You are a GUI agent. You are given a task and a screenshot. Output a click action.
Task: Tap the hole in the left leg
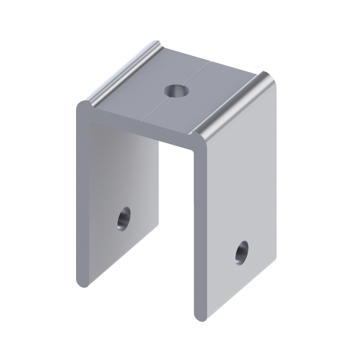click(x=124, y=219)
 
